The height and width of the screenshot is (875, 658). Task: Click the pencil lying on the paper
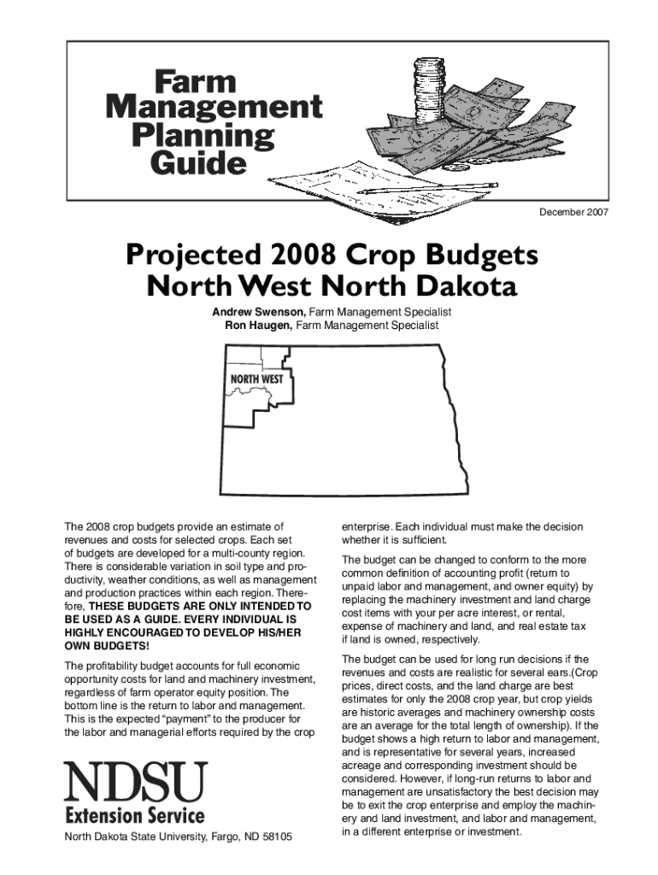click(427, 189)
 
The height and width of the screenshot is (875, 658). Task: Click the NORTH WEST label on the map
click(256, 379)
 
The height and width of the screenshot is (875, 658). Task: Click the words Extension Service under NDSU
click(135, 815)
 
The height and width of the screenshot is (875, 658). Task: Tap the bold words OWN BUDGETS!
click(102, 646)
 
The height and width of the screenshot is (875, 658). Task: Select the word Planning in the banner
click(203, 135)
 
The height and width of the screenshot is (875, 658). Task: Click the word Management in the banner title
click(214, 109)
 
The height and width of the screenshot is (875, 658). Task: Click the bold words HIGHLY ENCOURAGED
click(118, 632)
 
